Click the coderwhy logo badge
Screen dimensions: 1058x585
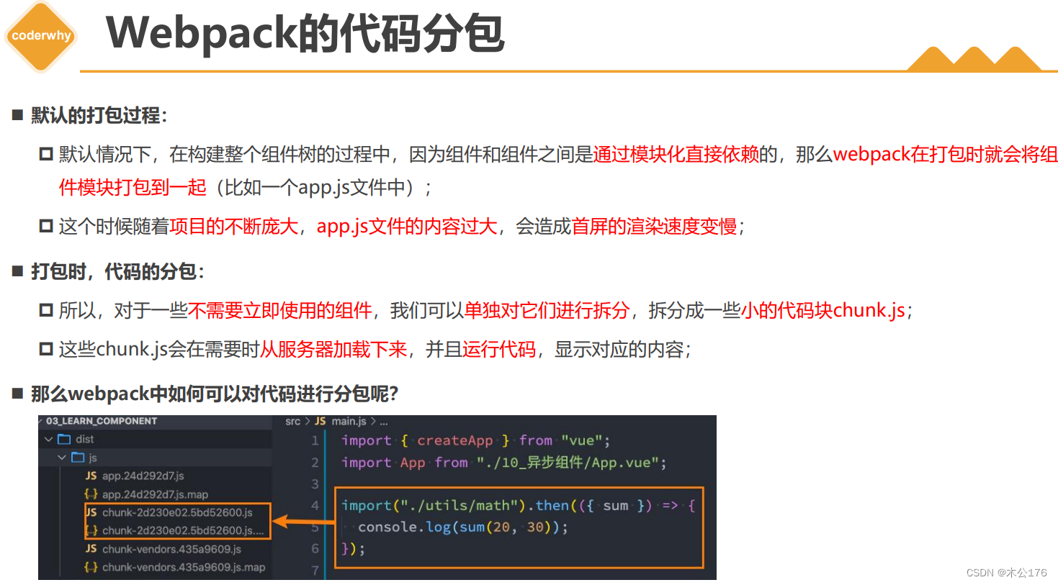[41, 36]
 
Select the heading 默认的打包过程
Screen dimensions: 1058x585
[96, 115]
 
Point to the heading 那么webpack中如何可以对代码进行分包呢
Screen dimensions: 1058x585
[214, 394]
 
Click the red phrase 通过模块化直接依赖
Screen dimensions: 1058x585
[676, 154]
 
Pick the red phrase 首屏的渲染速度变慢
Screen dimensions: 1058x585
[654, 227]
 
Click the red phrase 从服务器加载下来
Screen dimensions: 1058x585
[333, 350]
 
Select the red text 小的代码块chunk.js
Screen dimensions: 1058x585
[822, 311]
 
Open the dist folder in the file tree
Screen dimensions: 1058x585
[84, 439]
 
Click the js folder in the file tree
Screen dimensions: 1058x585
[92, 458]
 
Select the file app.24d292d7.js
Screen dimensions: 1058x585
[143, 476]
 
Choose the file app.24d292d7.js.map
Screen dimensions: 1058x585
[155, 494]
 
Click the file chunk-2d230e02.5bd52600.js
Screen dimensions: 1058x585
[176, 512]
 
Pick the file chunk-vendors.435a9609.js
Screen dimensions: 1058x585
[171, 549]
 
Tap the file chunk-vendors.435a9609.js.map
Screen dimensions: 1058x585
[183, 567]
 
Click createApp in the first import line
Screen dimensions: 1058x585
[454, 440]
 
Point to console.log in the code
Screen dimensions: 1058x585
[404, 527]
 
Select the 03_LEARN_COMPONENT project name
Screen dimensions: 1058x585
[102, 421]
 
